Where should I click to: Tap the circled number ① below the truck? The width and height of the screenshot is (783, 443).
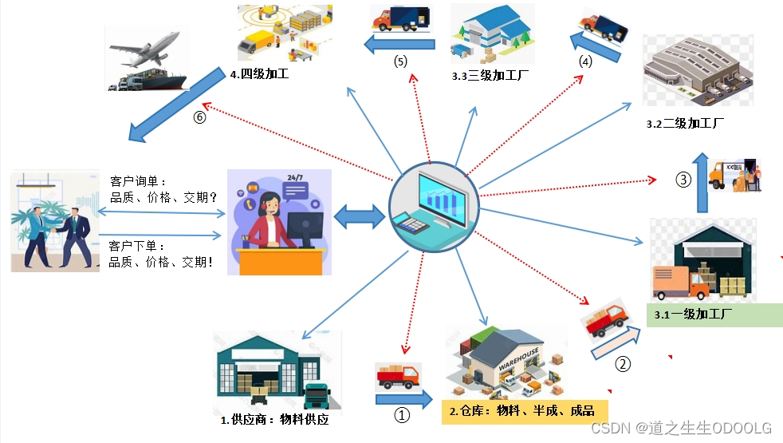[403, 415]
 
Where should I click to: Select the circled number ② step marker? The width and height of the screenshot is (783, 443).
[623, 364]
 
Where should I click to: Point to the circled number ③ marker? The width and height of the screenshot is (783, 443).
[683, 180]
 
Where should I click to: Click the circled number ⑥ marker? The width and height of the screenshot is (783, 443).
[199, 117]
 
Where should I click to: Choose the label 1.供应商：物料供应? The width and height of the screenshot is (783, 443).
[273, 419]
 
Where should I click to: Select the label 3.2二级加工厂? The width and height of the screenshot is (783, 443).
[684, 124]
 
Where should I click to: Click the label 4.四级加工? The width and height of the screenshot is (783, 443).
[259, 75]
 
